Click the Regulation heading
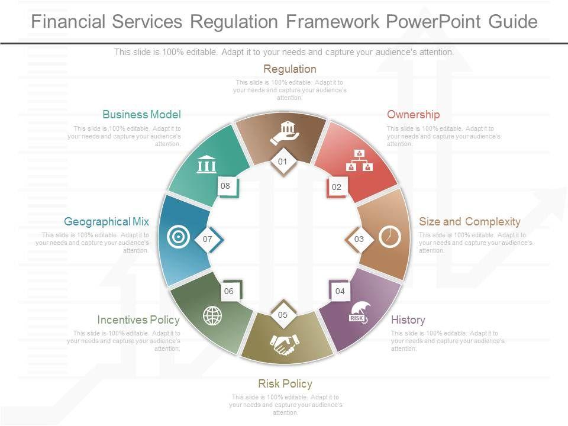[290, 69]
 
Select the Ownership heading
[413, 115]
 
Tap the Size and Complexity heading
[469, 222]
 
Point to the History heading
[408, 320]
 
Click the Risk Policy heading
[285, 384]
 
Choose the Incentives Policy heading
[138, 320]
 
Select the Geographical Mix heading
[106, 222]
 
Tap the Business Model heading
[141, 115]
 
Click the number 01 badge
[283, 162]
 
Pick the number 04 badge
[340, 291]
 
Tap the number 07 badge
[208, 240]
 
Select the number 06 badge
[229, 291]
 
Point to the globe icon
[212, 315]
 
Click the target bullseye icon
[178, 237]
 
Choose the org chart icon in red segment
[359, 160]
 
